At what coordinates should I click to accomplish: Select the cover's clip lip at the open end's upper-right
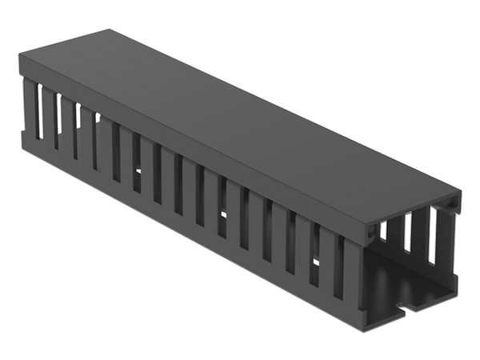(455, 206)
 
